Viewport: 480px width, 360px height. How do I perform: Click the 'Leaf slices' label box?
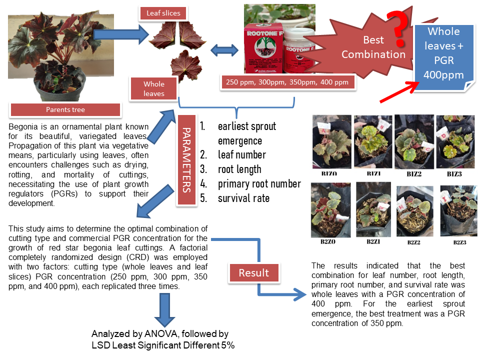[163, 13]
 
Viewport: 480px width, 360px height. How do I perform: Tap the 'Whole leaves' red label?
[154, 88]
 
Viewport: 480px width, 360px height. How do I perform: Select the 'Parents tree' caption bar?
[65, 109]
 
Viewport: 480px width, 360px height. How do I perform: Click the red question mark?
[398, 25]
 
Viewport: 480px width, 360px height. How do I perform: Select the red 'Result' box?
[253, 273]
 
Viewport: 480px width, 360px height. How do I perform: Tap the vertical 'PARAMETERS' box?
[184, 159]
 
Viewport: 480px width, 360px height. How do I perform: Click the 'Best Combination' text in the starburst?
[373, 47]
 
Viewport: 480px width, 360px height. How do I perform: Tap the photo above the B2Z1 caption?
[373, 209]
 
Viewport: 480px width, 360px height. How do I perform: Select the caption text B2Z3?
[459, 242]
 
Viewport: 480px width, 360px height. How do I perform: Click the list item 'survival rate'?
[243, 198]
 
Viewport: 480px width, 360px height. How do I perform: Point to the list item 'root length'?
[239, 169]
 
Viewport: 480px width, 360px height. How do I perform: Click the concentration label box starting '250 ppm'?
[288, 82]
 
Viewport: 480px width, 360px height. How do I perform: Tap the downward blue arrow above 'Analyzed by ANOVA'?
[164, 309]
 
